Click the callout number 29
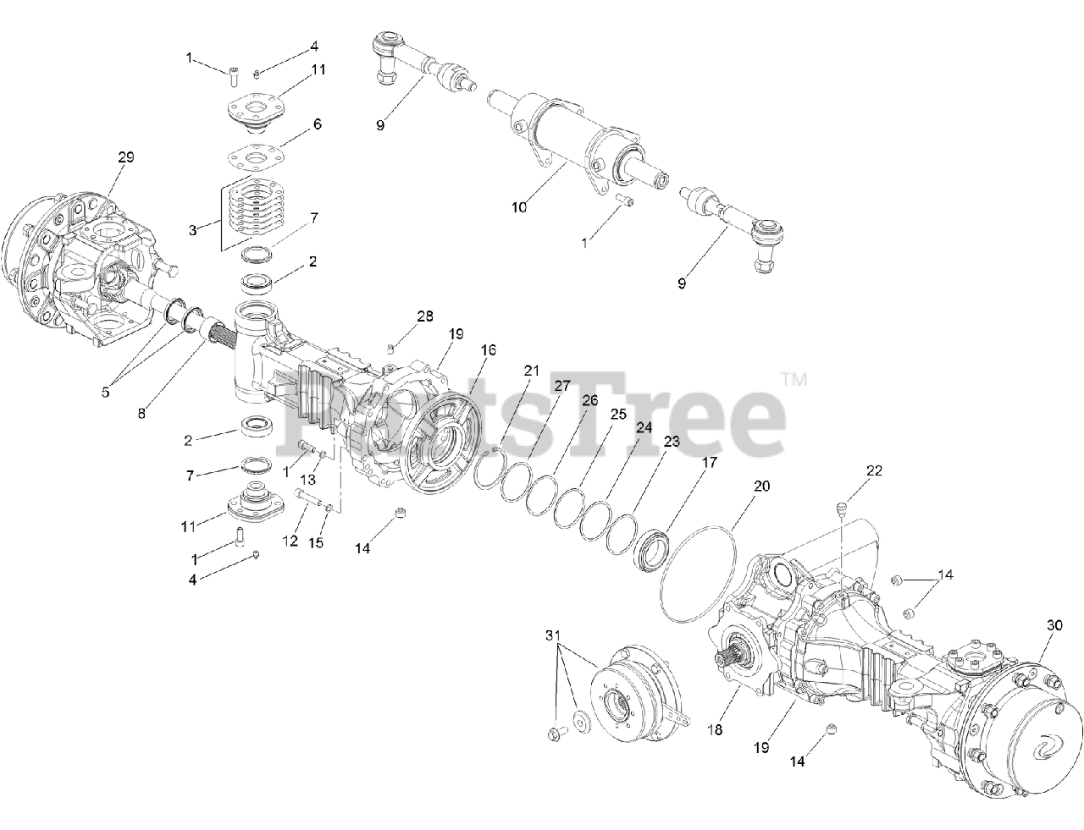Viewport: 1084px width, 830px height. (x=126, y=157)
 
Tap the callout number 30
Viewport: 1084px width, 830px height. (x=1054, y=625)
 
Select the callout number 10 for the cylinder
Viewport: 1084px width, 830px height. (x=519, y=206)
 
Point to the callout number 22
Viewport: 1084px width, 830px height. (x=874, y=470)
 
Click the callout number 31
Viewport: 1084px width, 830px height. (x=553, y=635)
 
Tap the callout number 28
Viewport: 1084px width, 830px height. (x=424, y=316)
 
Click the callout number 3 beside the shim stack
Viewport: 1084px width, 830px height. (x=192, y=229)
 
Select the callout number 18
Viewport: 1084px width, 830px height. (x=716, y=728)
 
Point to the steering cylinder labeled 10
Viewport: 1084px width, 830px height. (x=576, y=140)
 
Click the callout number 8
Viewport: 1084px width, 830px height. (x=141, y=414)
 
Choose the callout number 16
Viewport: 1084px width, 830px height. (x=489, y=349)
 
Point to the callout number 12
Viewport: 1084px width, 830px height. (x=290, y=541)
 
